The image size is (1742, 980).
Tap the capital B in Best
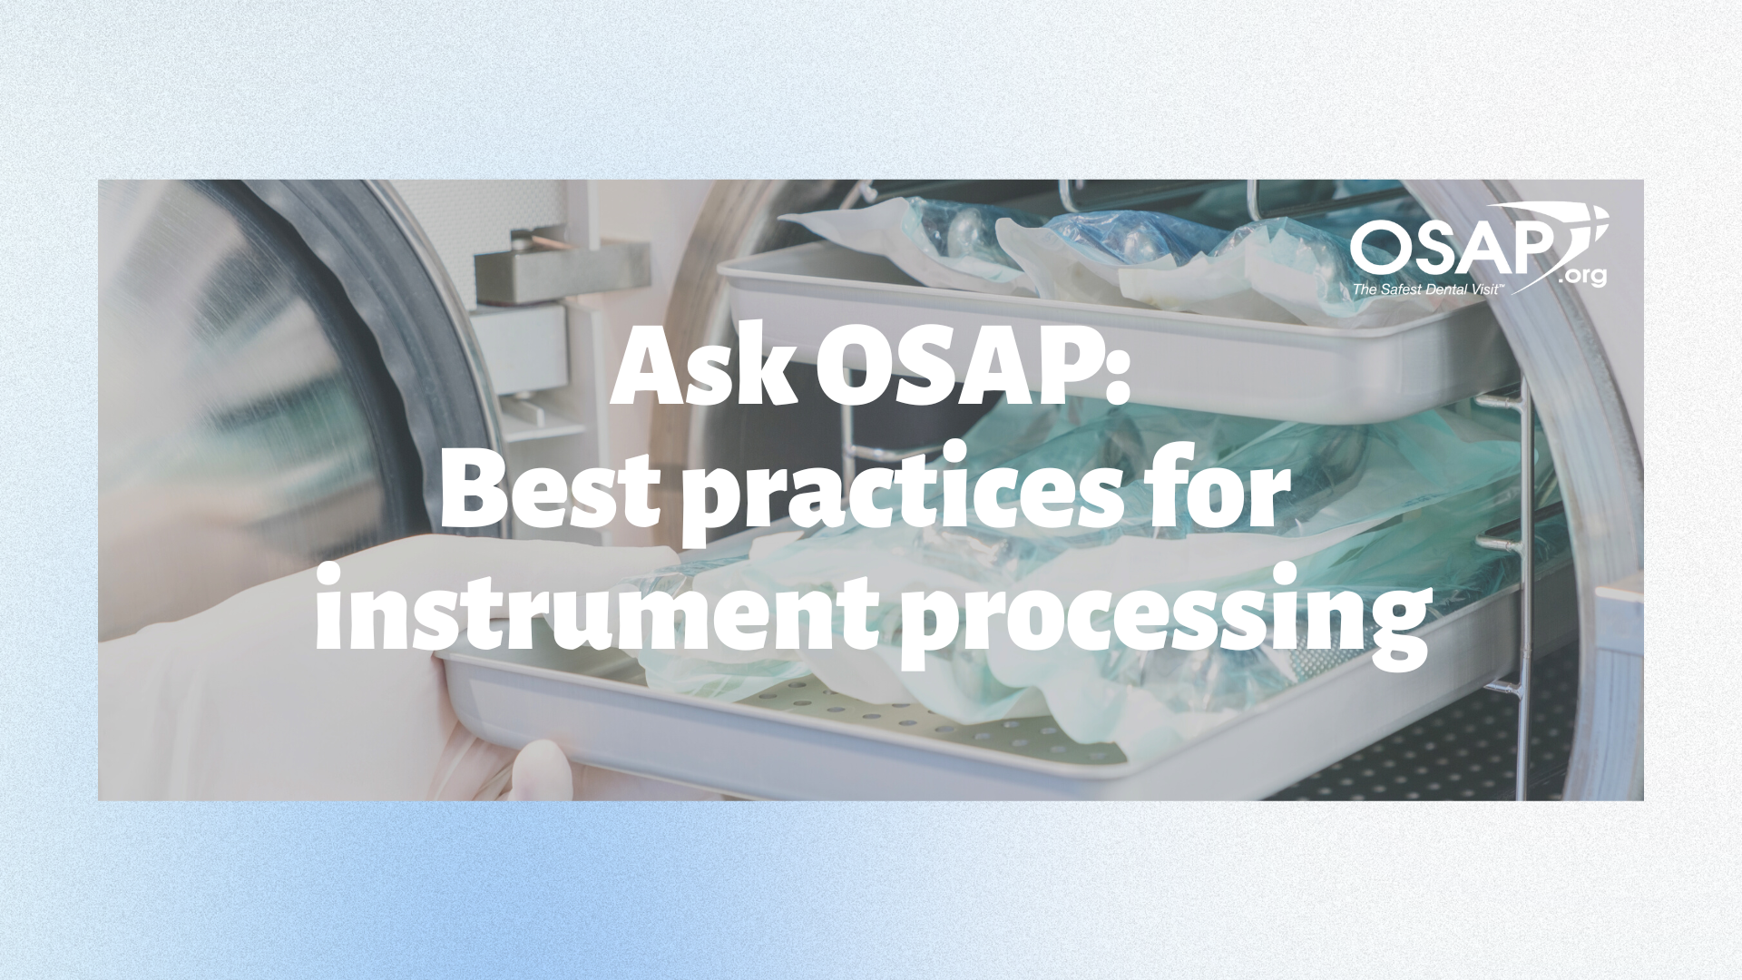coord(473,497)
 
